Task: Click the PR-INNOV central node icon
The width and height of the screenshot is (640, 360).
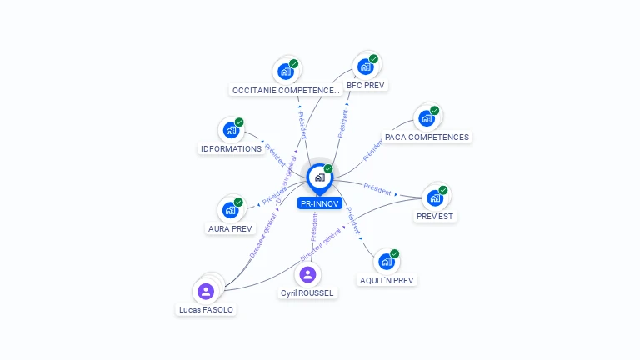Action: click(319, 177)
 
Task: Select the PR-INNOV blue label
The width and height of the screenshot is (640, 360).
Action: click(319, 203)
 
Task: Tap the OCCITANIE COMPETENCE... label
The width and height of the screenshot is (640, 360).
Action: click(286, 90)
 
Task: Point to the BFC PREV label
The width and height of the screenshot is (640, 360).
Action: click(367, 85)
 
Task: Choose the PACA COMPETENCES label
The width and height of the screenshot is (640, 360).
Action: click(427, 137)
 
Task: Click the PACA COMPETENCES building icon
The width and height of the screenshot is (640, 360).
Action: click(426, 118)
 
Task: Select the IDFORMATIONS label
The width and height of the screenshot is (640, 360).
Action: click(232, 149)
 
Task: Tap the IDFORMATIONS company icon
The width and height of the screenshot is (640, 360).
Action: click(230, 131)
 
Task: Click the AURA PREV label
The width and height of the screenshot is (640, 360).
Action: click(230, 228)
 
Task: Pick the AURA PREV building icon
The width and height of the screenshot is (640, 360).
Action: click(229, 210)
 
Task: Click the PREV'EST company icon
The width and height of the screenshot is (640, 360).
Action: click(434, 198)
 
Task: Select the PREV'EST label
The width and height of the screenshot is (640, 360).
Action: click(437, 217)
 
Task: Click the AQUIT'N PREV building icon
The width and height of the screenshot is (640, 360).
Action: click(386, 262)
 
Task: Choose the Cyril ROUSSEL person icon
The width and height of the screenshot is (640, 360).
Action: click(307, 274)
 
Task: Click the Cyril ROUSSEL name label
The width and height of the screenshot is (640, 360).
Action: click(307, 293)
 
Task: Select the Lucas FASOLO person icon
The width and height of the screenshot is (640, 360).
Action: click(206, 291)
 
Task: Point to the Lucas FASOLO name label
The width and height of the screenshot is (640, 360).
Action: click(207, 310)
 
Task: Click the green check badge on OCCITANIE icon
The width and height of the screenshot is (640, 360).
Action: click(294, 63)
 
